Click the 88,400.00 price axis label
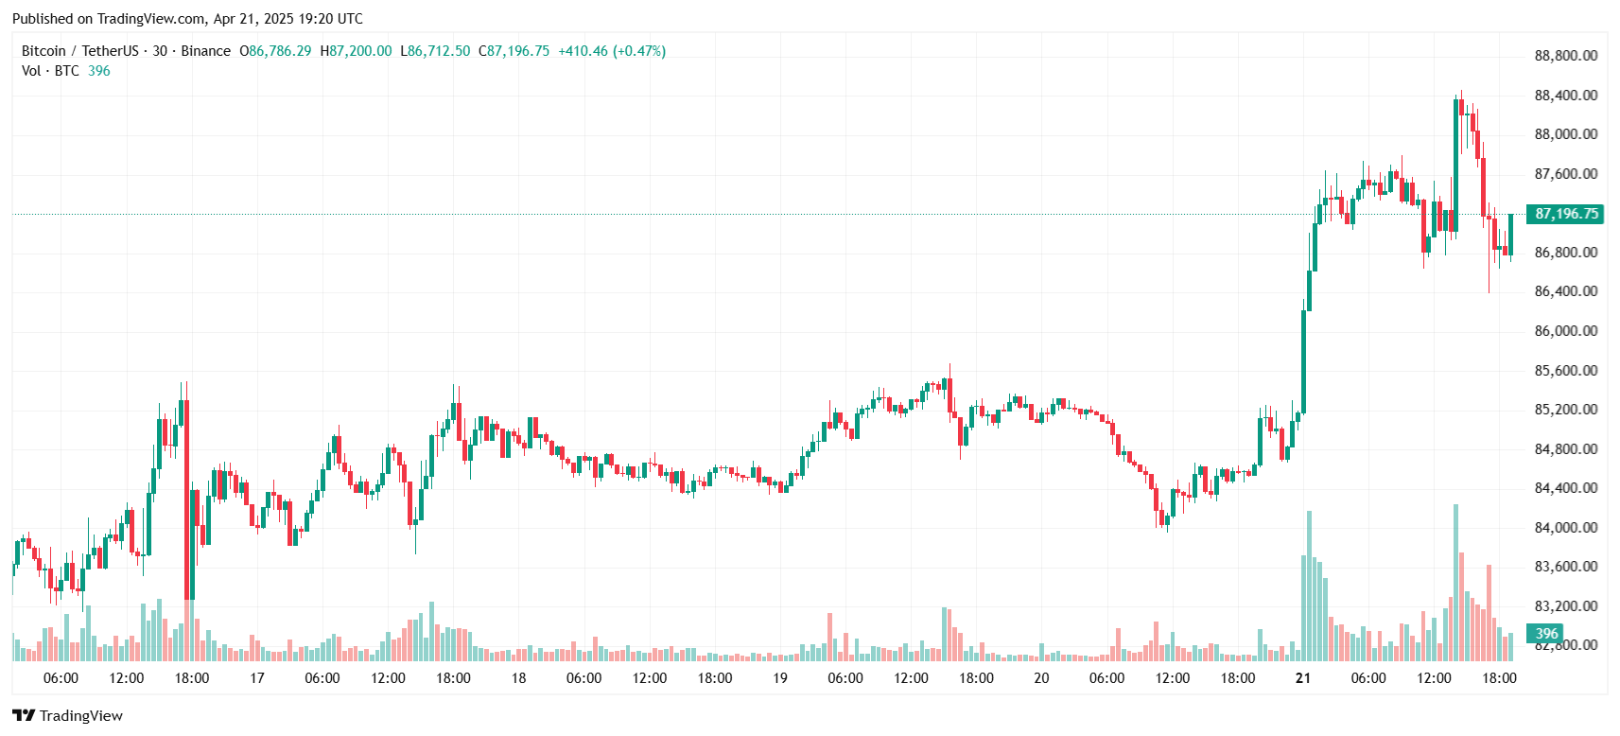click(1566, 96)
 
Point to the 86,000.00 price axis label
click(1566, 331)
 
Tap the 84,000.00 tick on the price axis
click(1566, 528)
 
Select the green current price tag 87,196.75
click(1566, 214)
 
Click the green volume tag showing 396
click(1546, 634)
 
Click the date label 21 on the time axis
click(1303, 679)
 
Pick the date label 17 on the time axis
click(256, 679)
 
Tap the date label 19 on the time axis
click(779, 679)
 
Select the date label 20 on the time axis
click(1041, 679)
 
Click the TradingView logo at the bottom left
click(68, 716)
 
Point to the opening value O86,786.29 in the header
click(275, 51)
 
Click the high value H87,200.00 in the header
click(356, 51)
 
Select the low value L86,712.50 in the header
click(435, 51)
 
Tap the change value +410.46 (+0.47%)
click(612, 51)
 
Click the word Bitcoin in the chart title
click(44, 51)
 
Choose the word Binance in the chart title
click(205, 51)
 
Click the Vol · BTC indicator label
click(51, 71)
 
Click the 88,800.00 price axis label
click(1566, 56)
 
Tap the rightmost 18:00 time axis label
click(1499, 679)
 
